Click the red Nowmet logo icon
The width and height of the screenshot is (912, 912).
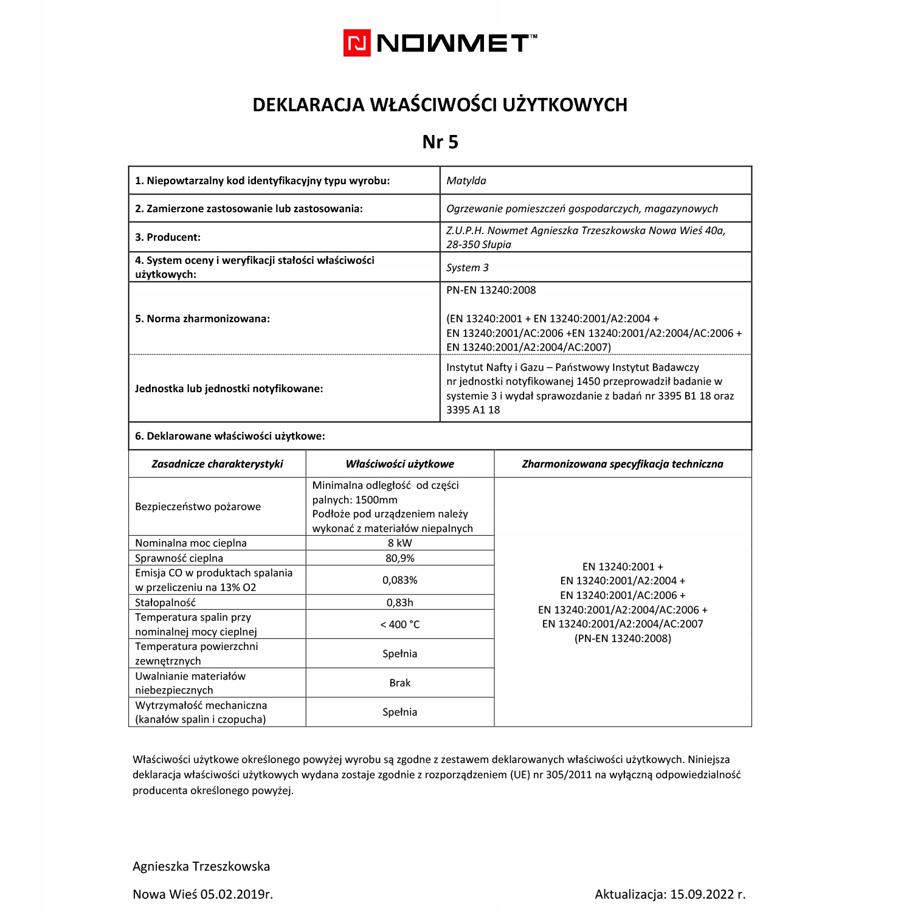(x=357, y=43)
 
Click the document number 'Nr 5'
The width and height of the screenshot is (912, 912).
(x=440, y=142)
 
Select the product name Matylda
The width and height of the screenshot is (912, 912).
(x=466, y=181)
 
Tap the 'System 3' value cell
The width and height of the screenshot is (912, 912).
(x=467, y=268)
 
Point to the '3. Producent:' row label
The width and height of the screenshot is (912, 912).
(x=168, y=237)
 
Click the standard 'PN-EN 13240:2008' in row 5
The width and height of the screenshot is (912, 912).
(x=491, y=290)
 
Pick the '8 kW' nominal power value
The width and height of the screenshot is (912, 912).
(x=399, y=543)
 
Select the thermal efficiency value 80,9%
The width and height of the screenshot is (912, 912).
(x=399, y=558)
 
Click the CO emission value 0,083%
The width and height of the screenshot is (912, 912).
(x=399, y=580)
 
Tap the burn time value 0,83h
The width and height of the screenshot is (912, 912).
(x=399, y=603)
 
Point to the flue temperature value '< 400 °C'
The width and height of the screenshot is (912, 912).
(x=399, y=624)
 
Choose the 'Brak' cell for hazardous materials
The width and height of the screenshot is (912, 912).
(x=399, y=683)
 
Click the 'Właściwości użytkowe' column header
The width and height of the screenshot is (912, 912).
(x=399, y=464)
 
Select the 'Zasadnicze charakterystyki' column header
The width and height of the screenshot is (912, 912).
(x=217, y=464)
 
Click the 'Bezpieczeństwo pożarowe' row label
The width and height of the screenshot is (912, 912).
(x=198, y=506)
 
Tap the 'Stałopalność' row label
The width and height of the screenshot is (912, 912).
(x=165, y=603)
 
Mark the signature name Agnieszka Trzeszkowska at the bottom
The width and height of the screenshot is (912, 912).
(x=201, y=866)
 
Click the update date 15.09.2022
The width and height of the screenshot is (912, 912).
(x=702, y=894)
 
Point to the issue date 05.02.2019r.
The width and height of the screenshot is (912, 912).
(x=237, y=894)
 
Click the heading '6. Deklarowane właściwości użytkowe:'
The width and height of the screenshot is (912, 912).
(x=230, y=436)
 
